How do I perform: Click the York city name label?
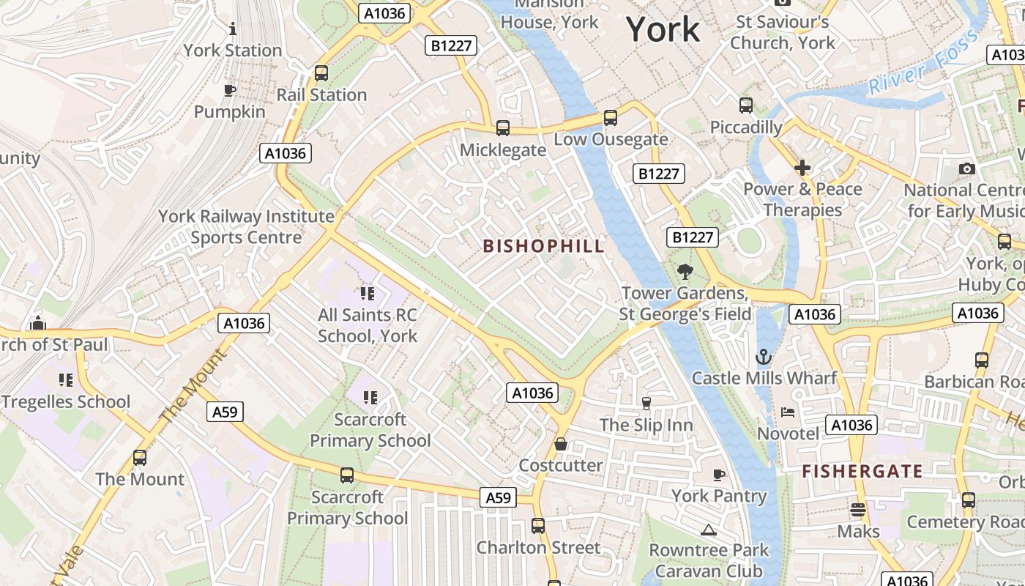click(663, 29)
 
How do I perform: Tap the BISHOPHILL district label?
click(544, 246)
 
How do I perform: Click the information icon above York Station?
click(233, 29)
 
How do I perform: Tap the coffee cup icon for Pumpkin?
click(229, 91)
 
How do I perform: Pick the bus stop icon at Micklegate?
click(503, 128)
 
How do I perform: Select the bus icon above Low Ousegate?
click(610, 118)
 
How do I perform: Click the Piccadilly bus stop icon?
click(746, 105)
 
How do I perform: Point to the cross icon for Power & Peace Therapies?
click(802, 168)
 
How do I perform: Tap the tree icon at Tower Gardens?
click(685, 272)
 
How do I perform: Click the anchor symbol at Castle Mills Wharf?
click(764, 357)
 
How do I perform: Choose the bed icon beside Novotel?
click(788, 412)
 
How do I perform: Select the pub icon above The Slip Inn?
click(646, 403)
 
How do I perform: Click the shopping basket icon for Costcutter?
click(561, 444)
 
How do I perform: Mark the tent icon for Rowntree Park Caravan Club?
click(708, 530)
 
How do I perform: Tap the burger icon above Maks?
click(858, 510)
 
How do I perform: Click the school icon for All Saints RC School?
click(368, 294)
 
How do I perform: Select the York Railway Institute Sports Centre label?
click(247, 227)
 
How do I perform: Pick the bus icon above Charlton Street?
click(538, 525)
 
